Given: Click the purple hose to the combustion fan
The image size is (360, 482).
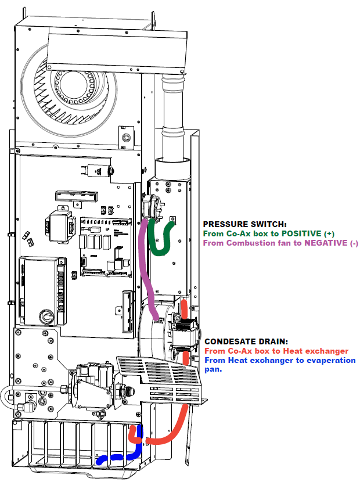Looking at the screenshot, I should click(145, 261).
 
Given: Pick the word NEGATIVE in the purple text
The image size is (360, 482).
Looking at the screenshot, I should click(326, 243).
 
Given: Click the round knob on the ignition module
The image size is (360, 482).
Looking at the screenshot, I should click(45, 317).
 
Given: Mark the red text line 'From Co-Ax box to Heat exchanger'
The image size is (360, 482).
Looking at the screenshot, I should click(276, 351).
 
